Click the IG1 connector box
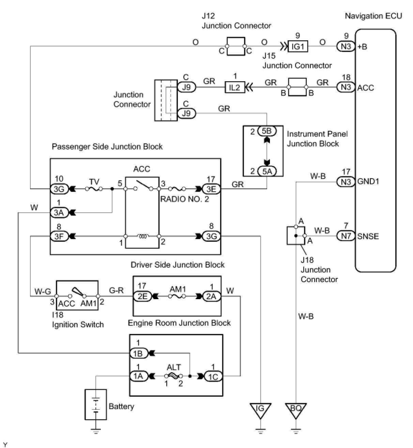(298, 46)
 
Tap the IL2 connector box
(234, 87)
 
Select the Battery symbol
(96, 405)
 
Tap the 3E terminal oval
(211, 188)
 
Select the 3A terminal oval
(59, 213)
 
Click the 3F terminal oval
(59, 236)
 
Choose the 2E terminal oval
(142, 296)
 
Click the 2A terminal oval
(212, 296)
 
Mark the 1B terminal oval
(138, 353)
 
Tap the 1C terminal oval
(213, 376)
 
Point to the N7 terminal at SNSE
(346, 236)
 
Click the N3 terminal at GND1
(346, 181)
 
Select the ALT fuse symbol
(173, 376)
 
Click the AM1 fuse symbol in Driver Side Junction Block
(177, 296)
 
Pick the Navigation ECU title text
(373, 16)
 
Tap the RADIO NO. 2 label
(184, 199)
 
